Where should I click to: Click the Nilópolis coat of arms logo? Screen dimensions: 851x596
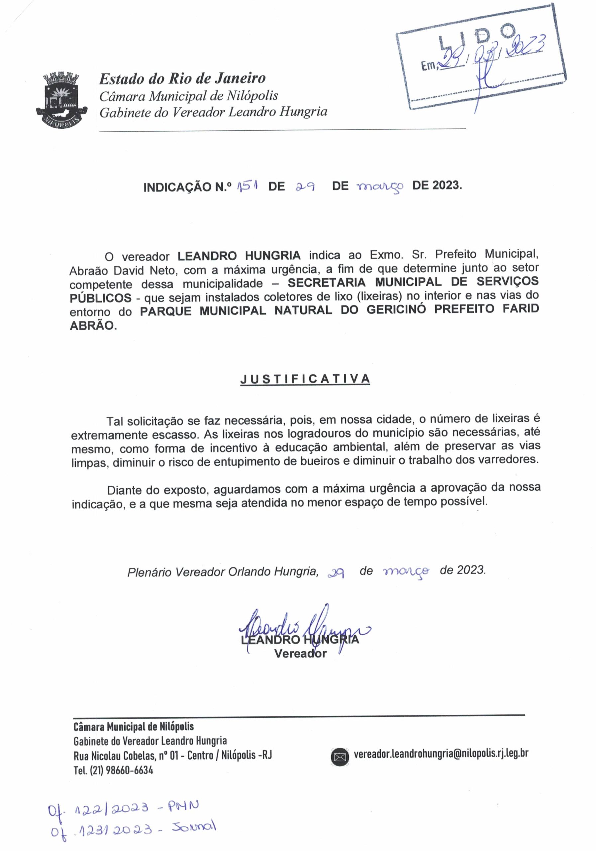(x=62, y=99)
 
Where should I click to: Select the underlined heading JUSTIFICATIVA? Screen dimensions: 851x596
(x=305, y=379)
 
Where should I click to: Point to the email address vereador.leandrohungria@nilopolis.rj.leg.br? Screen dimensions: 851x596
(x=441, y=754)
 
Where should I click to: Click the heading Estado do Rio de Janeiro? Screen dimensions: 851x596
(x=182, y=78)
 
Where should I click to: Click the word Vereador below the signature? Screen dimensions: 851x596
(x=300, y=654)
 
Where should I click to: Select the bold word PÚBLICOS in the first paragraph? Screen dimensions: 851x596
(x=100, y=298)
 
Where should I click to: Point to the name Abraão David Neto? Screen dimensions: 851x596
(x=122, y=271)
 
